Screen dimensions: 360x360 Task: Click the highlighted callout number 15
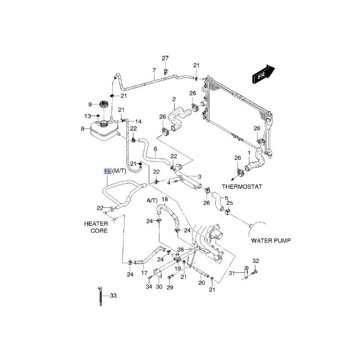click(x=108, y=171)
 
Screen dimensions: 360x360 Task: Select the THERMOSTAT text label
click(x=242, y=186)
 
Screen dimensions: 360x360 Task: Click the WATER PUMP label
click(x=271, y=241)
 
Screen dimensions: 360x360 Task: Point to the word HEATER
click(x=96, y=224)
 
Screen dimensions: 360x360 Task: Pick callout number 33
click(x=113, y=296)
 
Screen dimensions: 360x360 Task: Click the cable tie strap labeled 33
click(x=100, y=296)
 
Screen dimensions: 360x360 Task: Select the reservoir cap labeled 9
click(x=104, y=105)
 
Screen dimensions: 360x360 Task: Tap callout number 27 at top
click(x=165, y=58)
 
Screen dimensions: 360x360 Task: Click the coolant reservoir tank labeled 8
click(x=104, y=130)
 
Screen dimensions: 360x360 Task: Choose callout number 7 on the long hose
click(x=154, y=70)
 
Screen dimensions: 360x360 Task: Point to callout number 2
click(x=174, y=99)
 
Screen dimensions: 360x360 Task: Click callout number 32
click(x=256, y=261)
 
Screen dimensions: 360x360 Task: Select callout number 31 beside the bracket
click(x=232, y=273)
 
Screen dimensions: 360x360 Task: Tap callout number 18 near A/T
click(x=165, y=199)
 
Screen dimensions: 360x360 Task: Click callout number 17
click(x=144, y=273)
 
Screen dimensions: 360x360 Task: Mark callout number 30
click(x=159, y=287)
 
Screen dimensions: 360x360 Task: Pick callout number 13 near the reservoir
click(x=88, y=117)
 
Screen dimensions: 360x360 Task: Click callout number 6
click(x=155, y=149)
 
